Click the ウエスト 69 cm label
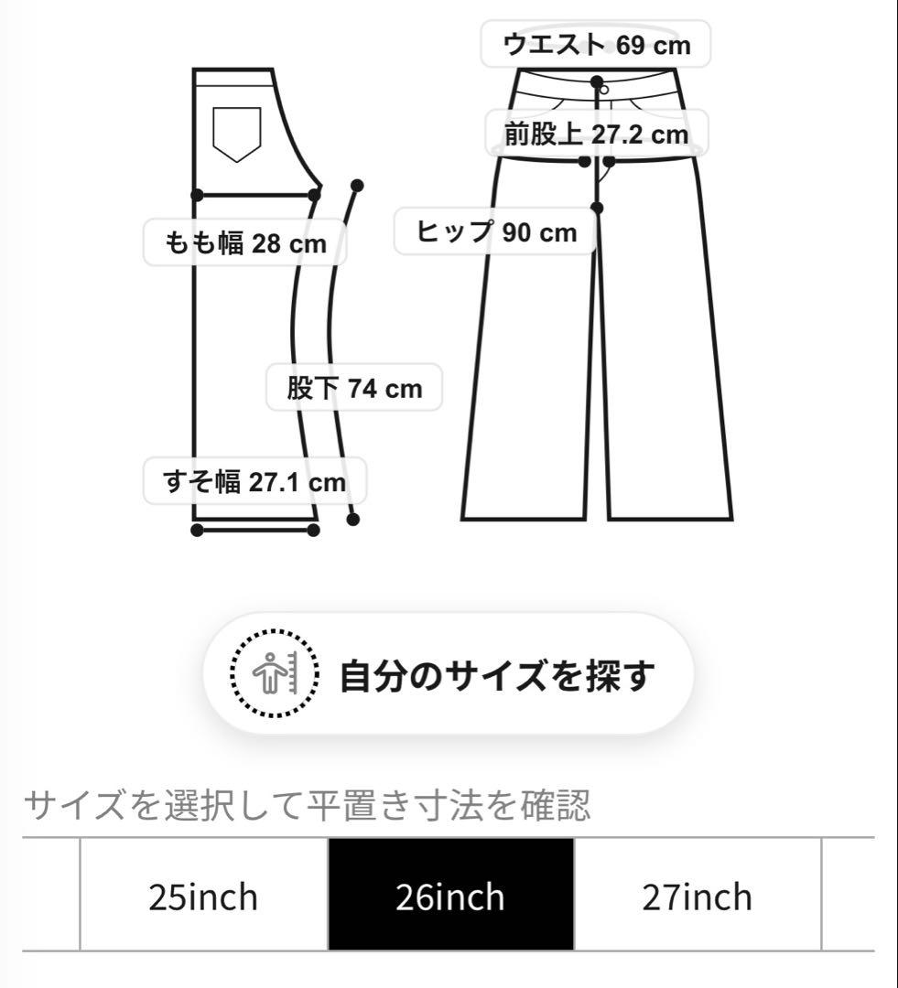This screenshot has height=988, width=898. tap(596, 44)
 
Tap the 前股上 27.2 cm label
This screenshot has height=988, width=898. tap(596, 134)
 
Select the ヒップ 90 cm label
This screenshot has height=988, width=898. tap(496, 232)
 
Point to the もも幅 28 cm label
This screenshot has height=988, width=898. tap(244, 243)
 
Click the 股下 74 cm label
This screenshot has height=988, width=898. tap(354, 388)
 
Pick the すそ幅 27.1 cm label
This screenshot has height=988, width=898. tap(254, 481)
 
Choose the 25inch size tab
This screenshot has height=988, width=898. tap(203, 896)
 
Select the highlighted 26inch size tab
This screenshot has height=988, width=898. tap(450, 896)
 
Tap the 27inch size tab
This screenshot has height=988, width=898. tap(698, 896)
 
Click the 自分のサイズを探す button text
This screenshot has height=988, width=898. tap(498, 676)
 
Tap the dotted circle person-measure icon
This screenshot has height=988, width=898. tap(274, 675)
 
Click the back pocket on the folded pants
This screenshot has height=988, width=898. tap(236, 134)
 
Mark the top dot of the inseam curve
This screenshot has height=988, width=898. tap(357, 185)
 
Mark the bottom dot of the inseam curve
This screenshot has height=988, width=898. tap(353, 520)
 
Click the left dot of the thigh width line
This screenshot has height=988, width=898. tap(197, 194)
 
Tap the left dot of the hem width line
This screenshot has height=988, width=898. tap(197, 530)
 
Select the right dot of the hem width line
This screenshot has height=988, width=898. tap(313, 530)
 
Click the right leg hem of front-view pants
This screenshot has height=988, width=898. tap(671, 518)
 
